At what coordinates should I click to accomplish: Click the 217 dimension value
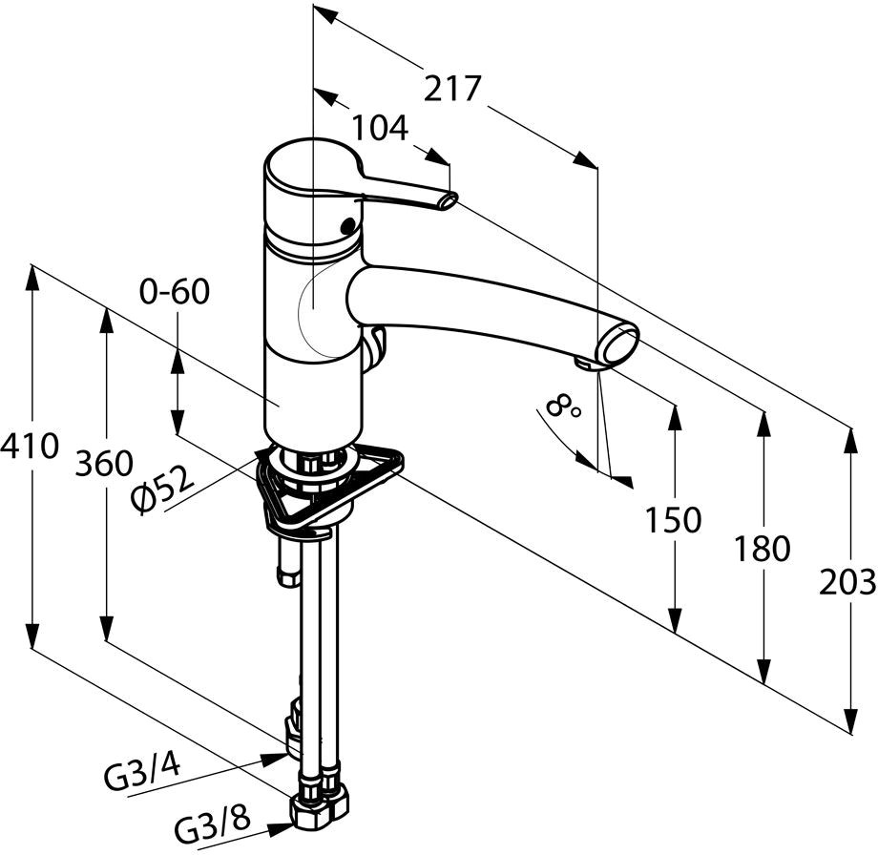[x=451, y=88]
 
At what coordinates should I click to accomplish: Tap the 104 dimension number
[x=380, y=128]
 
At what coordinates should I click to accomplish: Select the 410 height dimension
[x=30, y=447]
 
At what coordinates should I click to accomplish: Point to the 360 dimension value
[x=105, y=463]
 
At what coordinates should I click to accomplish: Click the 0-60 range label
[x=175, y=292]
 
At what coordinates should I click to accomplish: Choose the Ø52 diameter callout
[x=162, y=488]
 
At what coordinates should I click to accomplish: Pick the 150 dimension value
[x=673, y=520]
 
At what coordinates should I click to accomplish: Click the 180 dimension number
[x=763, y=548]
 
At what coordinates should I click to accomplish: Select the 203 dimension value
[x=847, y=582]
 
